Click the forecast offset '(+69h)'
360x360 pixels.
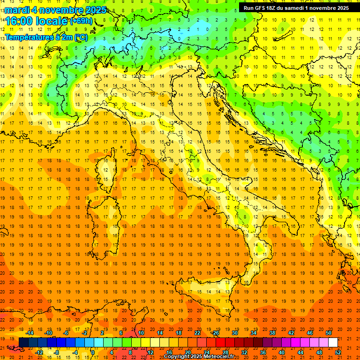coord(81,21)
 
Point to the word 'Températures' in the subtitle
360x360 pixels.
coord(27,37)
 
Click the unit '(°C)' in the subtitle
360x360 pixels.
coord(81,37)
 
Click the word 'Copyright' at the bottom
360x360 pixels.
coord(176,357)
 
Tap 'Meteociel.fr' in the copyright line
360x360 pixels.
coord(218,357)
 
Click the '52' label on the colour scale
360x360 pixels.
coord(338,352)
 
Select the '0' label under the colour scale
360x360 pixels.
coord(93,352)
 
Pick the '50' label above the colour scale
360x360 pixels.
coord(329,333)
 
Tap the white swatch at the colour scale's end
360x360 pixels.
coord(333,343)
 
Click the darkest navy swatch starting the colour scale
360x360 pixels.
coord(23,343)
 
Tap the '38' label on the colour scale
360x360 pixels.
coord(272,333)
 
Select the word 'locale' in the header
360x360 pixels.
coord(51,21)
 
